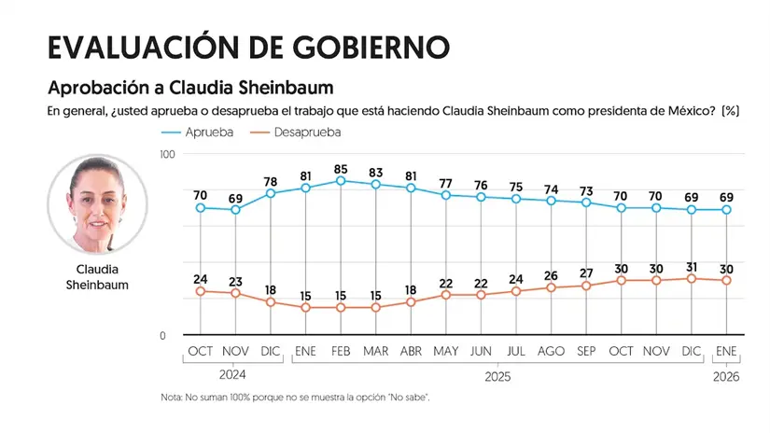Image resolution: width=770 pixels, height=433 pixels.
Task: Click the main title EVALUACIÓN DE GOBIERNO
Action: [248, 48]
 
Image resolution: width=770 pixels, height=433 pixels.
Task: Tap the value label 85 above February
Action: [341, 169]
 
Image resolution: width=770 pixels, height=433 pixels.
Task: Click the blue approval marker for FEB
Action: [341, 180]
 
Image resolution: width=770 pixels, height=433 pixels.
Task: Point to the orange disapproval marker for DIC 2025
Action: [692, 278]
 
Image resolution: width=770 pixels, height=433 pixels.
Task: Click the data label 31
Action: [692, 267]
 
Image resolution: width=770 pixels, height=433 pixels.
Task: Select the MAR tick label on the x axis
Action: [376, 352]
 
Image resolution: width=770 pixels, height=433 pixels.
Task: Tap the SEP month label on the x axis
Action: [586, 352]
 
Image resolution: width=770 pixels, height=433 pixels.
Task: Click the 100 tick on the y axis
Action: [168, 153]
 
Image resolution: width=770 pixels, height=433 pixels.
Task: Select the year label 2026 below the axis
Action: [726, 376]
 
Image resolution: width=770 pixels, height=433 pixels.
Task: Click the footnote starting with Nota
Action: [295, 398]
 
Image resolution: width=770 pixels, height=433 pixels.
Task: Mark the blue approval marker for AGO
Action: [551, 201]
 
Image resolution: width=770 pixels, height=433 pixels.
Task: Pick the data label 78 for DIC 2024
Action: [271, 182]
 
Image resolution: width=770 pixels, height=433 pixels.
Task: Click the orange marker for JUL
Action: [516, 291]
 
